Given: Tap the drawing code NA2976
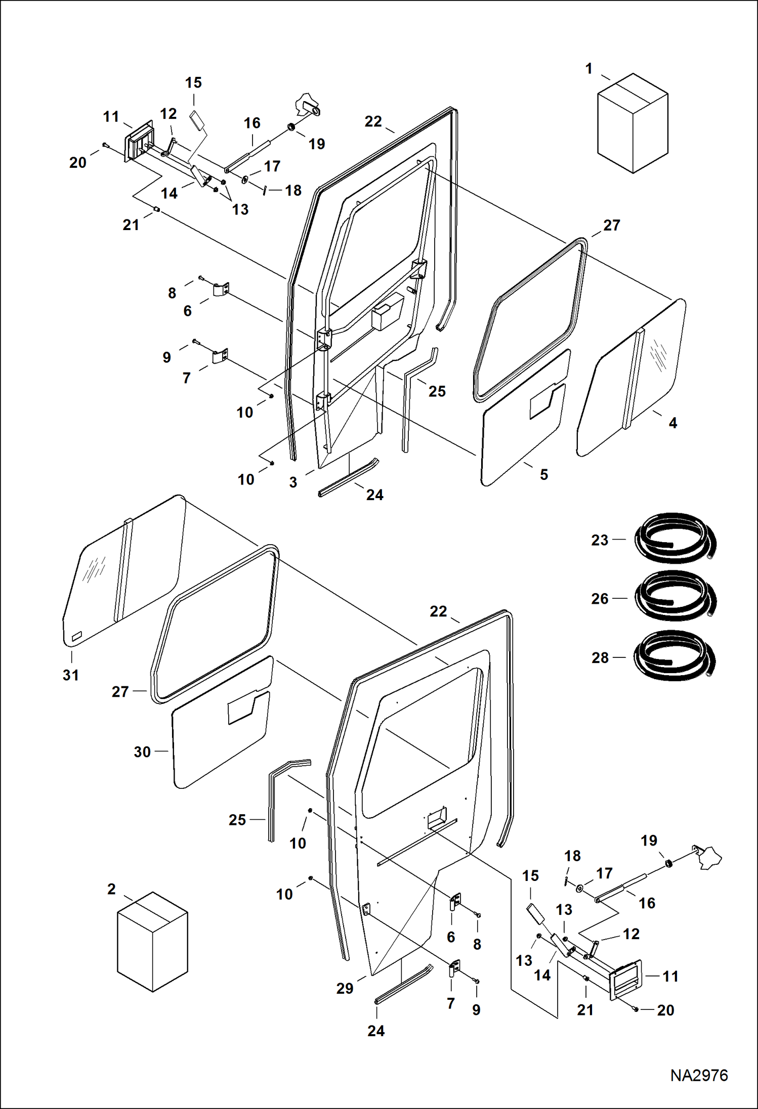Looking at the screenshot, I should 699,1075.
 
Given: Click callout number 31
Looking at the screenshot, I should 71,675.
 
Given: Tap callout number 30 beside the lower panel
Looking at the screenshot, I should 142,752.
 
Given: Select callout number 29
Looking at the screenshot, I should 345,988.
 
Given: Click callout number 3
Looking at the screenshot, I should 293,482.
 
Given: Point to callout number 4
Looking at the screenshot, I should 672,423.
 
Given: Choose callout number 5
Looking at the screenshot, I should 544,474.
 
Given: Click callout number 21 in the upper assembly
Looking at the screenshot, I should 131,225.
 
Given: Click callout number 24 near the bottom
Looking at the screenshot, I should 376,1031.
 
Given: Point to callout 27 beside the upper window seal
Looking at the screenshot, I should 611,225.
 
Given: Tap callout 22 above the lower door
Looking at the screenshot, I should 438,611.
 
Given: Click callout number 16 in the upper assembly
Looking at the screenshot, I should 252,123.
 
